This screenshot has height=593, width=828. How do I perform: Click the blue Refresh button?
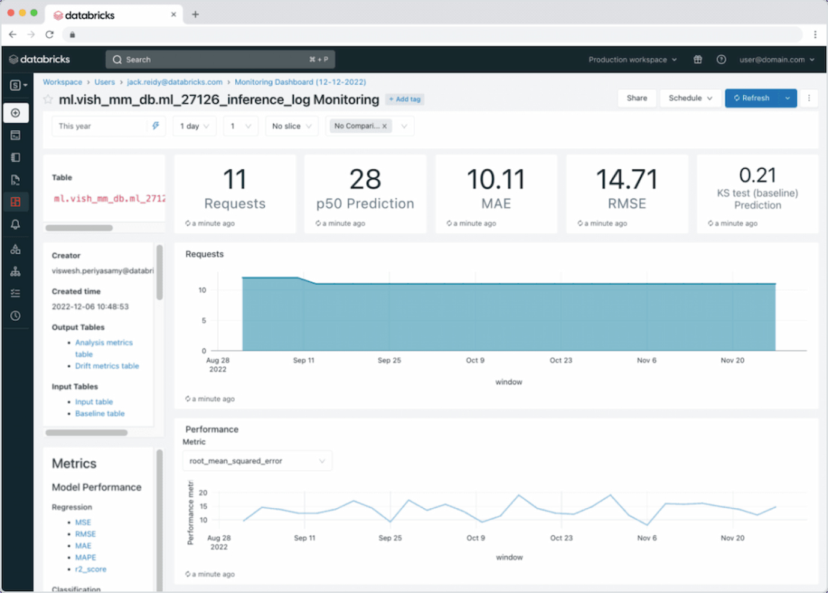752,98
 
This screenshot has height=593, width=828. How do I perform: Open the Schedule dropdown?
690,98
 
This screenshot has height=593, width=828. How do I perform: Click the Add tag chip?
405,99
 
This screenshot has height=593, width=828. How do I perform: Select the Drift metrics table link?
107,366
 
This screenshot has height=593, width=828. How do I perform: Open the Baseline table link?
100,413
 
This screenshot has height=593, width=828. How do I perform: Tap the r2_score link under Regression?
91,569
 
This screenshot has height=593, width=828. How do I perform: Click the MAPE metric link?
85,558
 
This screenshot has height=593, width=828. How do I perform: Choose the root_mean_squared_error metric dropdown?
257,461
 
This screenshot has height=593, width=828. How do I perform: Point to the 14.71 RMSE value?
626,180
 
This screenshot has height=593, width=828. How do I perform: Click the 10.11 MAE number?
496,180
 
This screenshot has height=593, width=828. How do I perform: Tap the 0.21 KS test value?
757,175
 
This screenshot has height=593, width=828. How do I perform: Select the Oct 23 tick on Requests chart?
561,360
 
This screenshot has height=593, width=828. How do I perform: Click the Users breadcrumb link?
104,82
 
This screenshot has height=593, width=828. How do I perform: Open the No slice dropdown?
292,126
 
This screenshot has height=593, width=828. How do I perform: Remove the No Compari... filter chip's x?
385,126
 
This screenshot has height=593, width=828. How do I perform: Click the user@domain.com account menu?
777,59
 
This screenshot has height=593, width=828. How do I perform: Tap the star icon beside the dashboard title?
48,99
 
